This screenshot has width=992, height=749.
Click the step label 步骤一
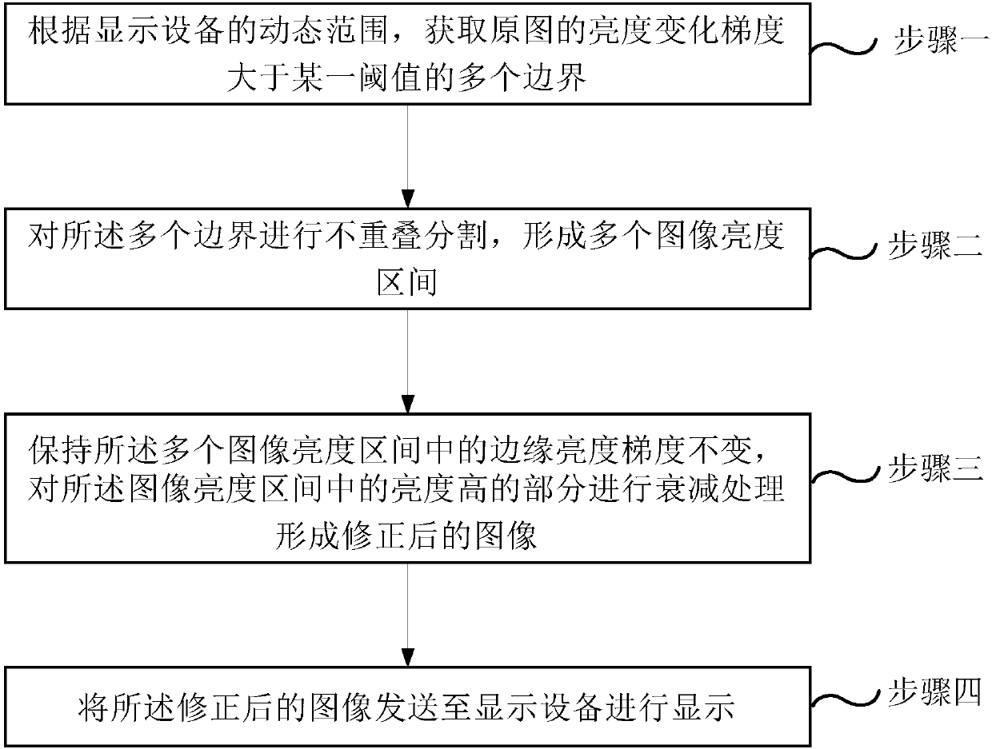click(942, 40)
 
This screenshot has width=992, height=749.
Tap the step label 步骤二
click(934, 245)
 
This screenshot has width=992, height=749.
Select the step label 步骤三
click(935, 468)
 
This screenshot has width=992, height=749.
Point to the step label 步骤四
click(934, 691)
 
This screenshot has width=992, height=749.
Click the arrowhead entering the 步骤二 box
click(408, 199)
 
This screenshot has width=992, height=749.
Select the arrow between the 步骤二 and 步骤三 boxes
click(408, 361)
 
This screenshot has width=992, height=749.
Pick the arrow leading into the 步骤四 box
click(408, 615)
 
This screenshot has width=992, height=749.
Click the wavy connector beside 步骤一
click(843, 47)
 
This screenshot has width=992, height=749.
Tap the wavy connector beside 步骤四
click(844, 699)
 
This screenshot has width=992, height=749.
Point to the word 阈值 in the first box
click(390, 77)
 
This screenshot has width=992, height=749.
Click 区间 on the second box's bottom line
click(406, 282)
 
